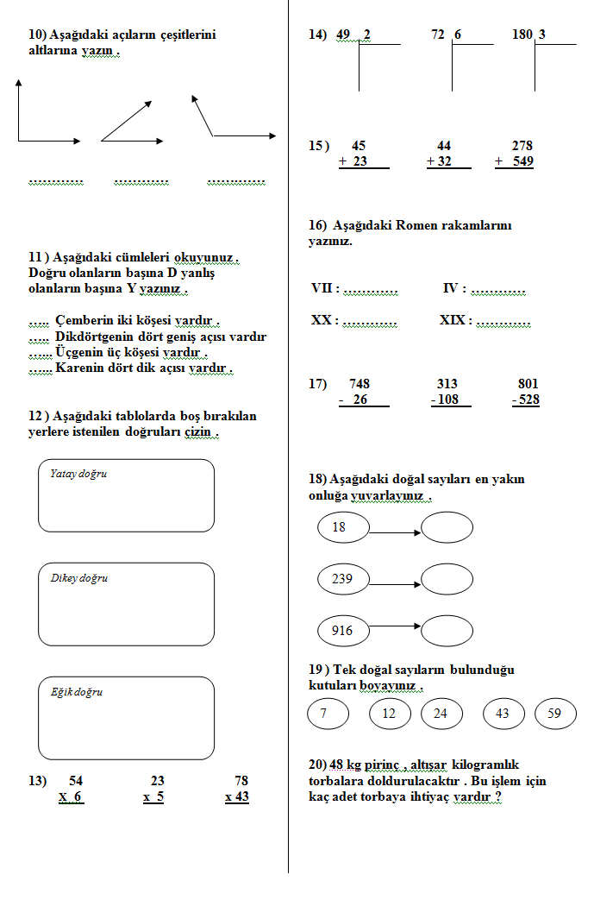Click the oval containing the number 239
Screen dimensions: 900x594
click(343, 579)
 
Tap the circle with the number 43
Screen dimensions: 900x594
click(503, 714)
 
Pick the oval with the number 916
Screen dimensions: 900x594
click(343, 631)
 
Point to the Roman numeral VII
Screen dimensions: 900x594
click(323, 289)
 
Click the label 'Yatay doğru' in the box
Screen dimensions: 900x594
click(78, 474)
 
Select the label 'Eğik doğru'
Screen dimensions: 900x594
click(77, 692)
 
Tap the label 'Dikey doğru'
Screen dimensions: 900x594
click(79, 578)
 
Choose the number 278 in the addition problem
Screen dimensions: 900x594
click(522, 146)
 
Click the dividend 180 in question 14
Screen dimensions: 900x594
click(522, 35)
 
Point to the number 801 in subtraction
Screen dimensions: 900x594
click(528, 384)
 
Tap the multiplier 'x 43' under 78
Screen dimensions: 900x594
click(237, 796)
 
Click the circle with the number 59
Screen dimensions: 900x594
click(555, 714)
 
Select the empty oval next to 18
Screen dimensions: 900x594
click(447, 527)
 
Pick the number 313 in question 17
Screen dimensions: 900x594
click(447, 384)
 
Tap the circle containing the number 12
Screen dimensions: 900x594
click(390, 714)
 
